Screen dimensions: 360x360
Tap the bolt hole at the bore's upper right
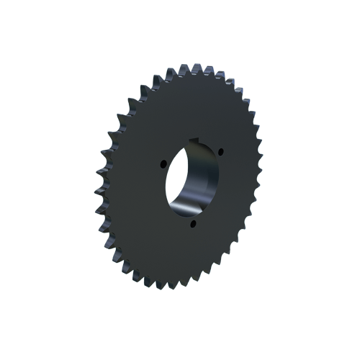tap(220, 152)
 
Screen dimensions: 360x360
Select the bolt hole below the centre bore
tap(192, 225)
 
